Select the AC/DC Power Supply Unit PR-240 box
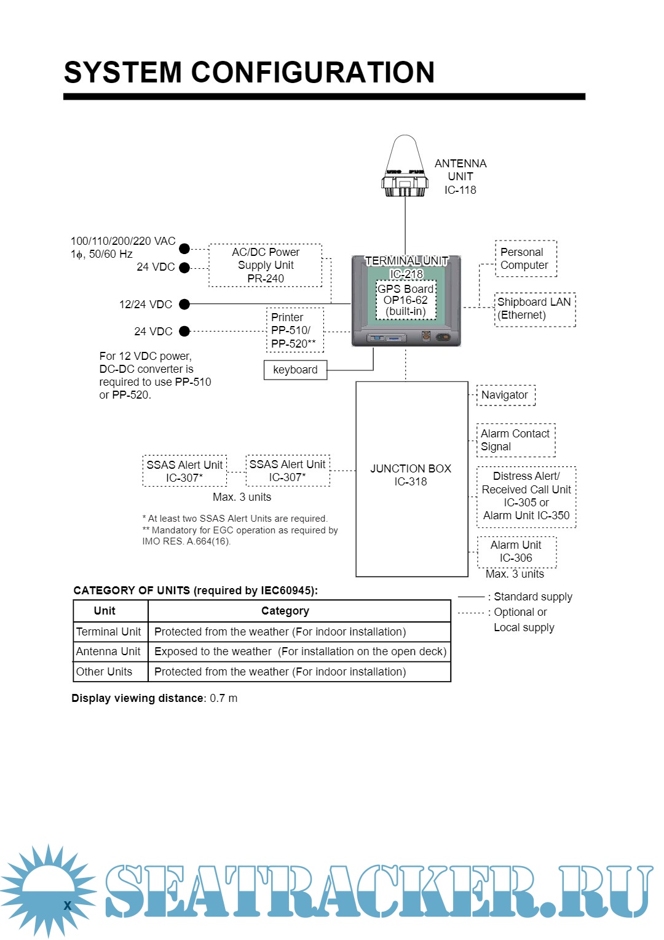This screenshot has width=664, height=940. [x=266, y=265]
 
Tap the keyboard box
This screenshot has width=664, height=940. [x=295, y=370]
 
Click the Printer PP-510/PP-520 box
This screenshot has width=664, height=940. [x=294, y=330]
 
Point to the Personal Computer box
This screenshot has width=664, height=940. [x=525, y=258]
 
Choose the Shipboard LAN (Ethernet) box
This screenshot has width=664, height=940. [x=534, y=309]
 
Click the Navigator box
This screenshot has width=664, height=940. [x=505, y=395]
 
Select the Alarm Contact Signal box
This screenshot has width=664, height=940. [x=515, y=440]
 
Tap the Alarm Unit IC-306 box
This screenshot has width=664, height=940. [x=516, y=552]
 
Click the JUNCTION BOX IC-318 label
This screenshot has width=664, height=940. [x=411, y=475]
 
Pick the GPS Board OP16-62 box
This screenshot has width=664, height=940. [x=406, y=300]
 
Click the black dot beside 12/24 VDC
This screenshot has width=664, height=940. [x=184, y=304]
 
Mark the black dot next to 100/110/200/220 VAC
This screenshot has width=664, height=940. [x=184, y=249]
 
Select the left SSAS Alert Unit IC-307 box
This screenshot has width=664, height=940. [x=184, y=471]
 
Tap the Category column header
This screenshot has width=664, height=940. [x=285, y=611]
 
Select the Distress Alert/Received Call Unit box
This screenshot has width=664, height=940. [x=526, y=496]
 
